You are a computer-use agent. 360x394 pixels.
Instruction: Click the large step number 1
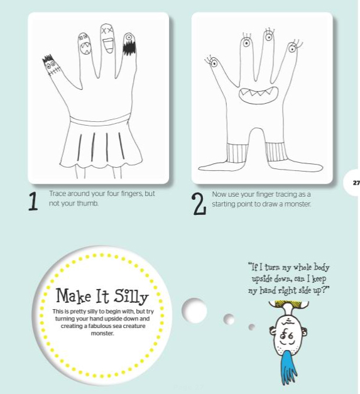pyautogui.click(x=33, y=201)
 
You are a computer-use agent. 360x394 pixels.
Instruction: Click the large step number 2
pyautogui.click(x=199, y=204)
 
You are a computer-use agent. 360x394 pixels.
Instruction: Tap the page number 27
pyautogui.click(x=356, y=183)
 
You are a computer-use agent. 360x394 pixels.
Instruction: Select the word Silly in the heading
pyautogui.click(x=131, y=296)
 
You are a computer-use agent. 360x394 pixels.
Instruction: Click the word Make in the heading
pyautogui.click(x=74, y=295)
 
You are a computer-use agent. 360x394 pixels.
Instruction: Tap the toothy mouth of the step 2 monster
pyautogui.click(x=258, y=95)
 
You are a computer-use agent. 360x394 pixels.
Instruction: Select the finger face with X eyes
pyautogui.click(x=107, y=38)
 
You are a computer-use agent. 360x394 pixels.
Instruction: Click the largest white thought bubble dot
pyautogui.click(x=194, y=310)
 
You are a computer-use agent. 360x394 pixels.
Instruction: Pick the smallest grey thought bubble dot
pyautogui.click(x=251, y=327)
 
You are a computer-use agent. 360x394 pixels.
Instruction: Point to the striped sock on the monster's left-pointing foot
pyautogui.click(x=236, y=153)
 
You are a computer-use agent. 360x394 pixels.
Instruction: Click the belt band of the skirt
pyautogui.click(x=100, y=119)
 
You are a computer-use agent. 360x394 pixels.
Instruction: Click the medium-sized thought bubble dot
pyautogui.click(x=229, y=319)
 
